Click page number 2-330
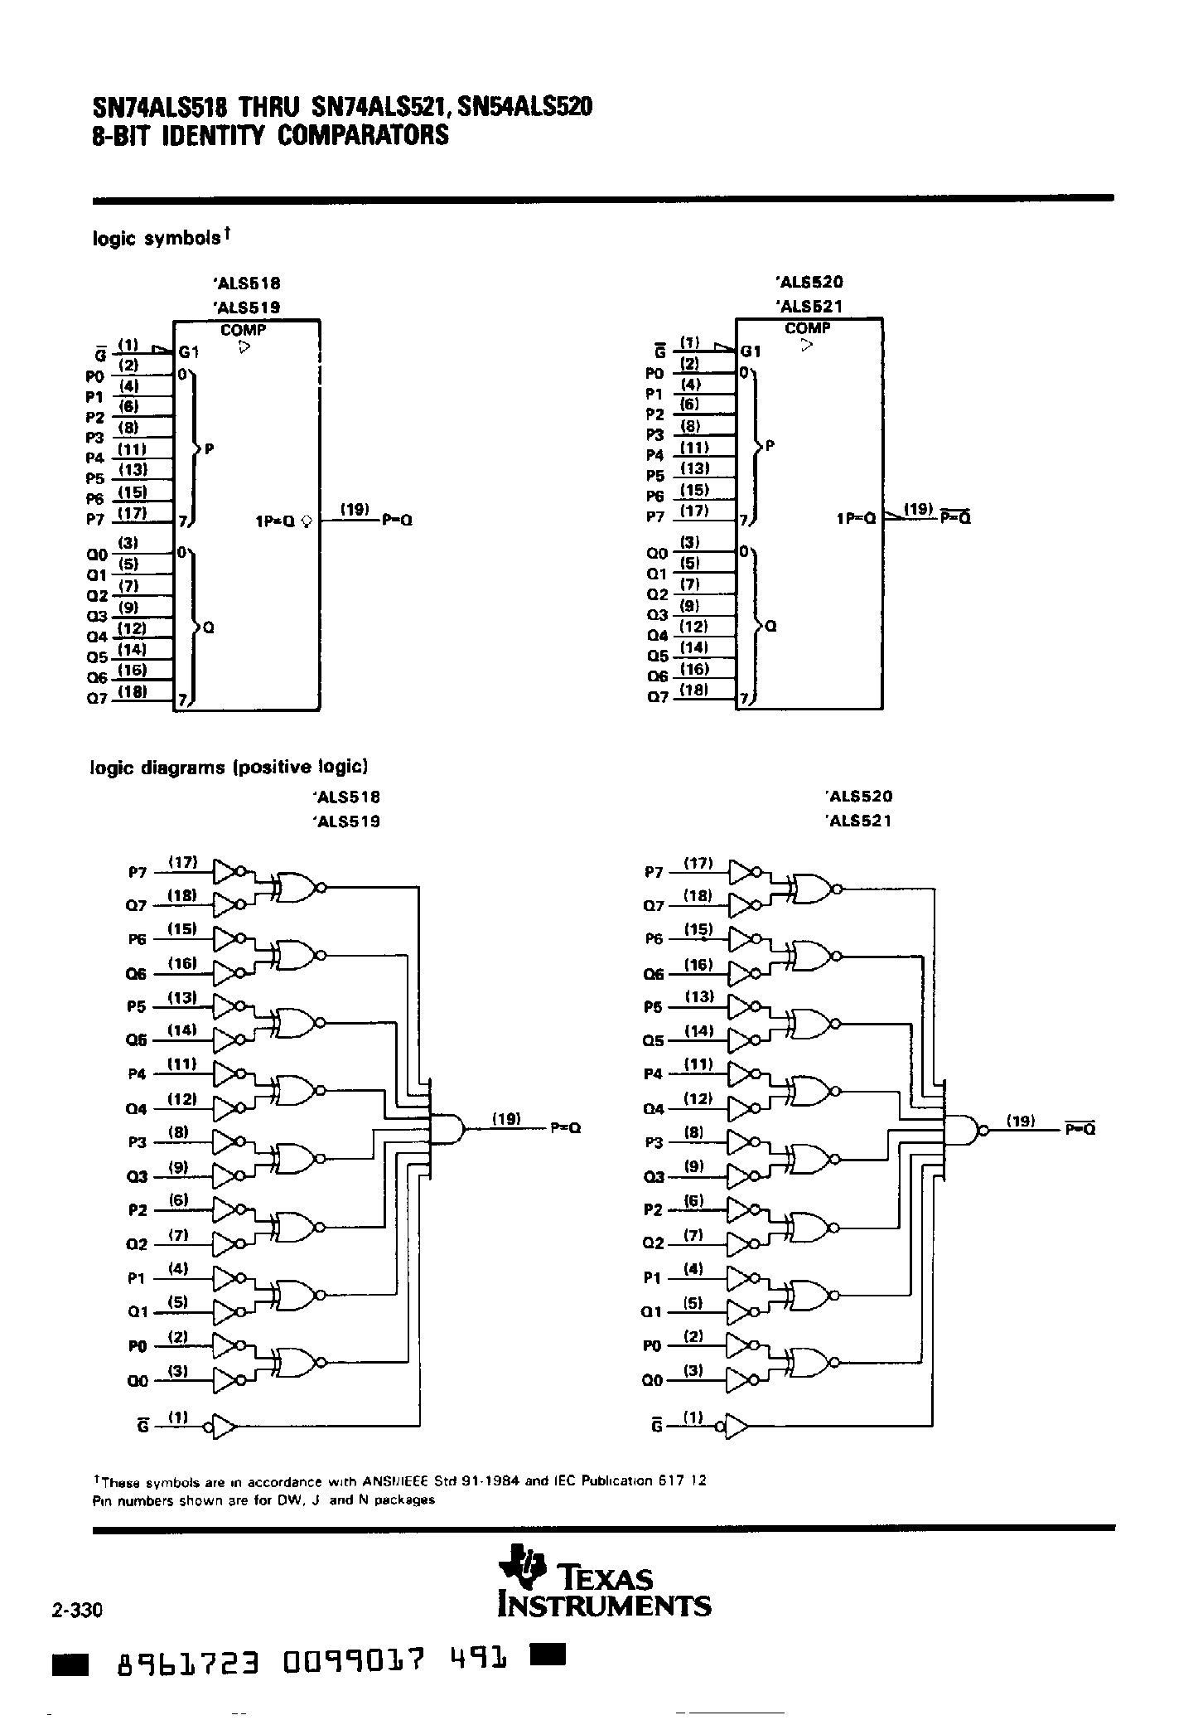click(76, 1611)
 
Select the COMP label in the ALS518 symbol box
click(243, 330)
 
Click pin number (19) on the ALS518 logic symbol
click(355, 509)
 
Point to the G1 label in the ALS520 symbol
click(751, 351)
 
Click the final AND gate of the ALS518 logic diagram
click(446, 1128)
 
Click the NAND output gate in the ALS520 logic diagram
click(962, 1129)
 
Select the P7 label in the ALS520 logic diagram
click(654, 872)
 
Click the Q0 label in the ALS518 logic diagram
click(137, 1382)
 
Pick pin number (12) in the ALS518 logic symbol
click(133, 628)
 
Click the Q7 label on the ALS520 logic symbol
click(657, 697)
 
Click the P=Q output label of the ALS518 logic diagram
click(565, 1128)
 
